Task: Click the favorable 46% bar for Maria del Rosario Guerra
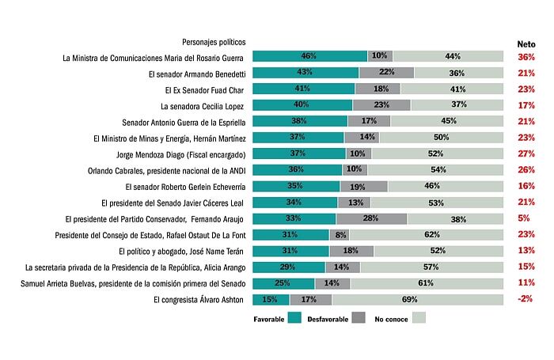[309, 56]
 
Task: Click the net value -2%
[526, 300]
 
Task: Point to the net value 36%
[526, 57]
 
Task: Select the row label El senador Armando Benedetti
[198, 73]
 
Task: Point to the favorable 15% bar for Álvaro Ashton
[271, 300]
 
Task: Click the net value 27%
[526, 153]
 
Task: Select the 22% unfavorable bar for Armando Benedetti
[386, 73]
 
